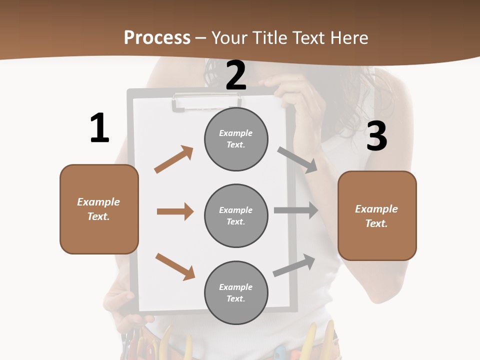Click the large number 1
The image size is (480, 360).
(x=99, y=128)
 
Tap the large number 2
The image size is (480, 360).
(x=236, y=75)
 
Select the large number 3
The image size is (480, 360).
(x=376, y=136)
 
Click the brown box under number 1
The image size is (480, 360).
(x=99, y=209)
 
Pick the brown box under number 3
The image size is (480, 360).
(x=377, y=216)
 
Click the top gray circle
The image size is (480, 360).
(x=236, y=139)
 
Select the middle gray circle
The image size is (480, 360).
(x=236, y=215)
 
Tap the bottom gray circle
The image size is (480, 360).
(x=236, y=292)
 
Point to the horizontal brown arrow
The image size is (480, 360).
(x=175, y=211)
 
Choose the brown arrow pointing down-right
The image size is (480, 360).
(x=175, y=266)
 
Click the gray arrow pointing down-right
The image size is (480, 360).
(x=297, y=159)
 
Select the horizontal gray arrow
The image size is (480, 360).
(x=295, y=210)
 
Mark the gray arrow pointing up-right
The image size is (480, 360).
(x=294, y=265)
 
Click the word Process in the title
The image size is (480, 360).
(x=157, y=37)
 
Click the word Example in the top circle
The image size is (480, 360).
(x=236, y=133)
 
